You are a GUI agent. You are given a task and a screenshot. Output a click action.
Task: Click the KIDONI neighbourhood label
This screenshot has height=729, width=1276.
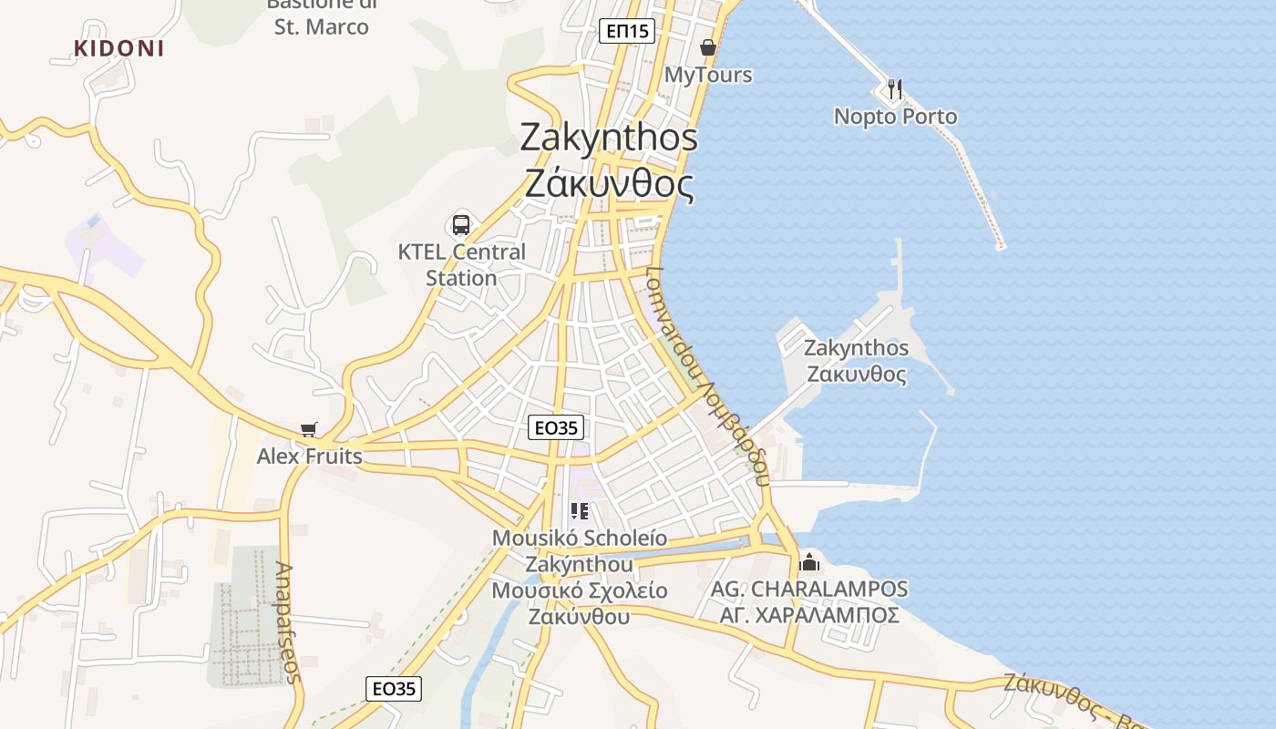119,49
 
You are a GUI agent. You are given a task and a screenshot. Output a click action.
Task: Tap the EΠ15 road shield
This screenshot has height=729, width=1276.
628,32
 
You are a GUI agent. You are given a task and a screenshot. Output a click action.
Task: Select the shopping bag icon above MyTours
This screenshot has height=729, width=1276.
708,47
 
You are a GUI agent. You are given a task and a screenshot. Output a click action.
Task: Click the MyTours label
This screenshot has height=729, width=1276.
708,75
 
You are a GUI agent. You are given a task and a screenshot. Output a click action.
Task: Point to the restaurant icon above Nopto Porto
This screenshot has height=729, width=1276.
895,89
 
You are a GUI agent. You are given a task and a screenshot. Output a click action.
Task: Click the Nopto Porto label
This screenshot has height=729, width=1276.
895,117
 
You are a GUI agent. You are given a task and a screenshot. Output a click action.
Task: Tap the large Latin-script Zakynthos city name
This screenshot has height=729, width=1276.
609,138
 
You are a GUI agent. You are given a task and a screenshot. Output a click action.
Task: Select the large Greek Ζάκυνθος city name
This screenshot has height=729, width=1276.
609,185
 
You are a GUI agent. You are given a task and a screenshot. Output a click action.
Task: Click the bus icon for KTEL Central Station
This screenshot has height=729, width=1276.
461,224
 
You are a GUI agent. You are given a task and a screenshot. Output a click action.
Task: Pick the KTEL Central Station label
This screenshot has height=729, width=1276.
461,264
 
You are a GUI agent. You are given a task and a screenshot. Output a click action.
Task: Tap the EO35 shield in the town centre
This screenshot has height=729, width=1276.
556,427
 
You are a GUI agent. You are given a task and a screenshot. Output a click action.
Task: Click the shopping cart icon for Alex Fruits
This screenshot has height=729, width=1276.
309,429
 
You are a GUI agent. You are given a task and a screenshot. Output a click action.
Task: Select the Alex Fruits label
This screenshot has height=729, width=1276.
309,457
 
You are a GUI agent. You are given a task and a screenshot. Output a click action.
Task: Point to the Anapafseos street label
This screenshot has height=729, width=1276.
287,622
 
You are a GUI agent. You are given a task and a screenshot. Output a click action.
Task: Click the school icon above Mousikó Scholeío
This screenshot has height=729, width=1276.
579,511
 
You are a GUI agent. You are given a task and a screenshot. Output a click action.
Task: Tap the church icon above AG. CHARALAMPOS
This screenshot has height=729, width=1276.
809,561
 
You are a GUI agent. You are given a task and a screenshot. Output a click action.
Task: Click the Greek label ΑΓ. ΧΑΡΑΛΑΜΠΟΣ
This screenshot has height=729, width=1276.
809,615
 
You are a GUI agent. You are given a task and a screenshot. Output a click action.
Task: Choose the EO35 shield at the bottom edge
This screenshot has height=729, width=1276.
395,689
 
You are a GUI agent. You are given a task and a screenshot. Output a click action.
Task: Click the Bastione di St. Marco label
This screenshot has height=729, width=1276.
322,16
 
